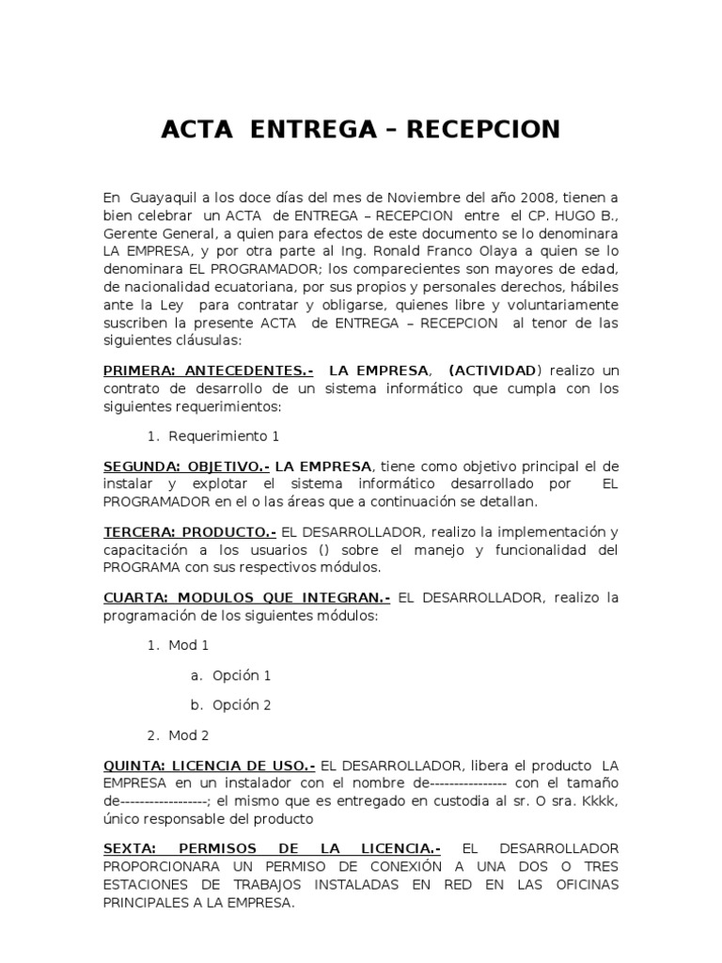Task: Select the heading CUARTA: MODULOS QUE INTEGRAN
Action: click(246, 598)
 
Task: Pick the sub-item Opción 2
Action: click(242, 705)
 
